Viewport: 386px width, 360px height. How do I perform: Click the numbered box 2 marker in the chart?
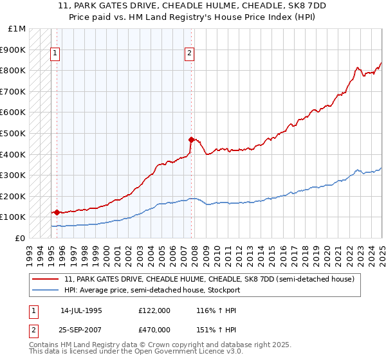point(190,54)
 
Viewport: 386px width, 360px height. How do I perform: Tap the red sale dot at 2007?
point(191,139)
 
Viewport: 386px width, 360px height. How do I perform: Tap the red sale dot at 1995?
point(57,212)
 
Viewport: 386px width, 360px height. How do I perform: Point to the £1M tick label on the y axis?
point(17,29)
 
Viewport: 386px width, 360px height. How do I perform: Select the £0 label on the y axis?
point(20,238)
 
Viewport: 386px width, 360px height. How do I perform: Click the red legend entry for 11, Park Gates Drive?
point(209,279)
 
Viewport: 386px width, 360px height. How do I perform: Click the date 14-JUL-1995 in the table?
point(81,310)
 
